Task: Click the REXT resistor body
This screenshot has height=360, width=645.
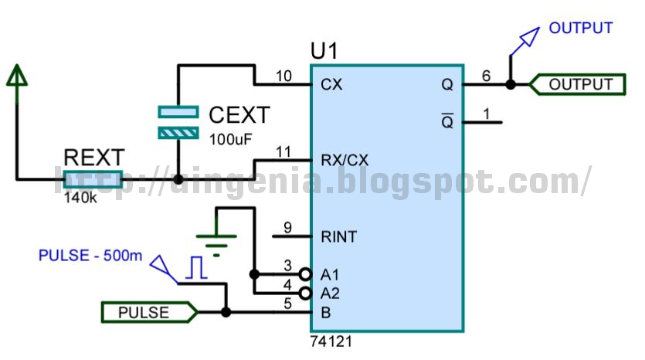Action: [93, 179]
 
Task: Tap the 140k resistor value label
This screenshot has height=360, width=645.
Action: [80, 198]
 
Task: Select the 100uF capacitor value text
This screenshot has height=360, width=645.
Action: [230, 140]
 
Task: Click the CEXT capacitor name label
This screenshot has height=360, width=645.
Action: [239, 115]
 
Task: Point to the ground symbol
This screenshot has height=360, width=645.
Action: [216, 245]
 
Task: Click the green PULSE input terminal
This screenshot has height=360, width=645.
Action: [149, 312]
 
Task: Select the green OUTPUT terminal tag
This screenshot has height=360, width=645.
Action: [577, 84]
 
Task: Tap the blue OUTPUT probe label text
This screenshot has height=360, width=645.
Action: [581, 28]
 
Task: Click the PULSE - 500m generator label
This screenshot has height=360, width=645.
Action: [90, 256]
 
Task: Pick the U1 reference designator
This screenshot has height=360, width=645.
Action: [324, 52]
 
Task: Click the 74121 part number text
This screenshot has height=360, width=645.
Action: [331, 341]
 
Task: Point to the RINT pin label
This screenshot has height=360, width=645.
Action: [339, 236]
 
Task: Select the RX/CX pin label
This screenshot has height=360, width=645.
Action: [345, 160]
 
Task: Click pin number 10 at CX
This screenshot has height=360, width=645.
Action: [283, 76]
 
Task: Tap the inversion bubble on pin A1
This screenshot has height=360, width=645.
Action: [305, 274]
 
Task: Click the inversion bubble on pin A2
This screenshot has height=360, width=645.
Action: [305, 294]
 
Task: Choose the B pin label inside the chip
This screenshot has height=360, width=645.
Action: [326, 313]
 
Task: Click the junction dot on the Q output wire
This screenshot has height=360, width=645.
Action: [511, 84]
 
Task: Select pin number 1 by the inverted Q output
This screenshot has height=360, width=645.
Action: [487, 114]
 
